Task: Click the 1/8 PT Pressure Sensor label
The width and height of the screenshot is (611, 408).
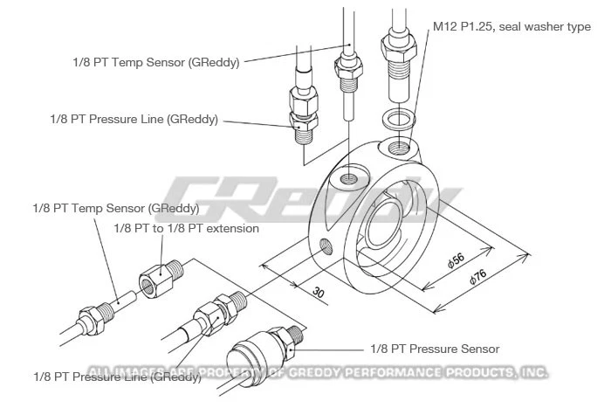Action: point(436,349)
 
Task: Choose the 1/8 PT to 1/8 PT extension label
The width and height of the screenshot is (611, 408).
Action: point(186,228)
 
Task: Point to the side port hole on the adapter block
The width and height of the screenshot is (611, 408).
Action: point(326,245)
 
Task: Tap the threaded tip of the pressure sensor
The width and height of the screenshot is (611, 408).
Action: point(296,335)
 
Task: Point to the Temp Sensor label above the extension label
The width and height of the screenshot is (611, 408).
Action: point(115,209)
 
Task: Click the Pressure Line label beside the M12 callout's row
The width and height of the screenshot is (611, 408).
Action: point(133,119)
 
